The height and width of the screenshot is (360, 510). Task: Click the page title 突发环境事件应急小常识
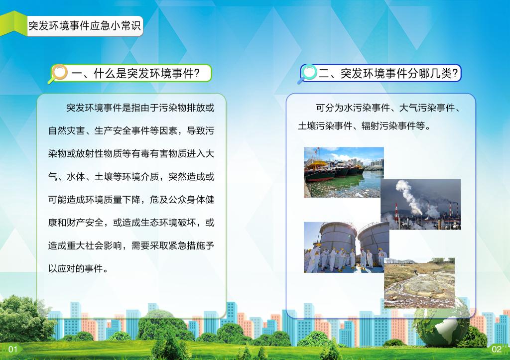pos(85,26)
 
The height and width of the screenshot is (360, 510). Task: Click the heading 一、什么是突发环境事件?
pos(135,74)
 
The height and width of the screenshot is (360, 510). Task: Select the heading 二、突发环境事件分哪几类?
pos(387,74)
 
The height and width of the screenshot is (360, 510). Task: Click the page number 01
pos(12,350)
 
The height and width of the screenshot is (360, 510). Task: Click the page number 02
pos(497,350)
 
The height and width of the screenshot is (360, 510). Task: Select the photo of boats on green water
pos(344,172)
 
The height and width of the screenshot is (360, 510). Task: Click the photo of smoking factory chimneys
pos(421,204)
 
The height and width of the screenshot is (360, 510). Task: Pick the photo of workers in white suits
pos(347,247)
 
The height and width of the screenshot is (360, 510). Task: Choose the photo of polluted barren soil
pos(419,283)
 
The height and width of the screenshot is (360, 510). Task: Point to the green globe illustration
pos(441,322)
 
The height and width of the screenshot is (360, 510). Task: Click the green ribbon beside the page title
pos(13,24)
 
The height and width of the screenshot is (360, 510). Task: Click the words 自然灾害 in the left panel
pos(66,131)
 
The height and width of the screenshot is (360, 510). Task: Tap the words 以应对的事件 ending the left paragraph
pos(76,268)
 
